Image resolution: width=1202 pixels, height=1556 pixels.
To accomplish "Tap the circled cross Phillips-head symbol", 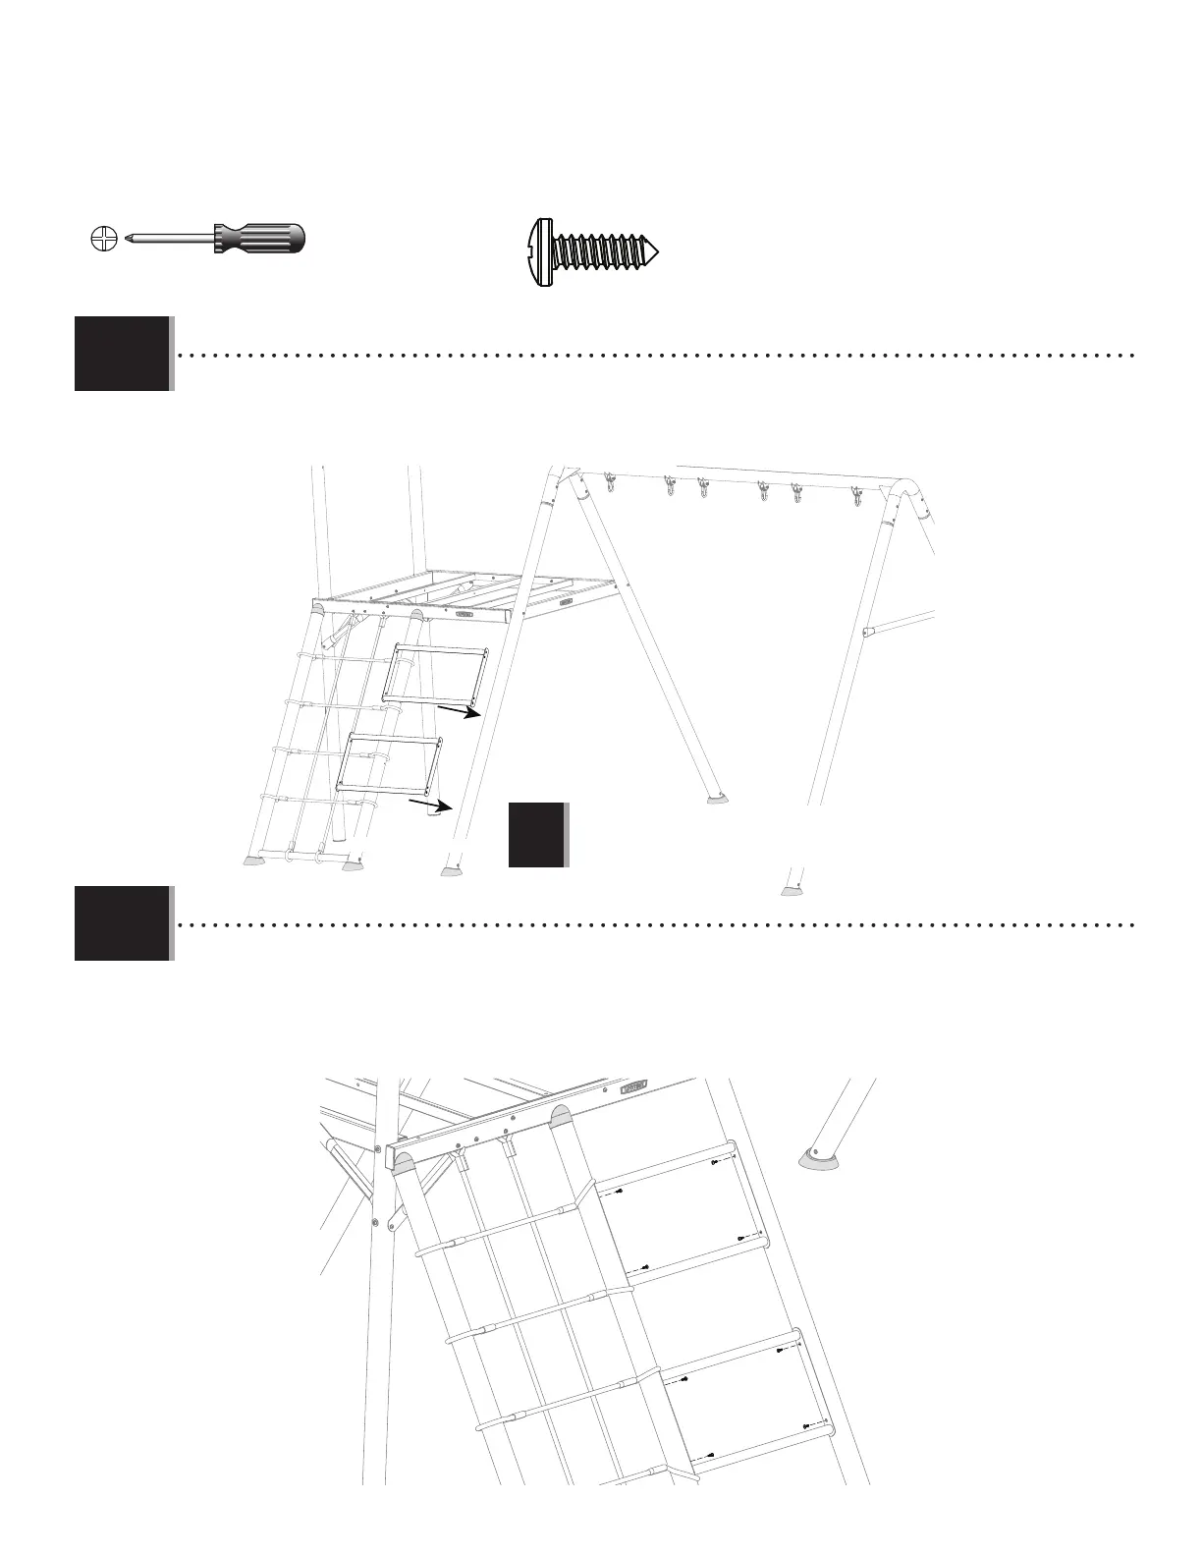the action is (102, 238).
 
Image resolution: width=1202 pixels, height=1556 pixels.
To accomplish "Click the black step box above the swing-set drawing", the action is (122, 354).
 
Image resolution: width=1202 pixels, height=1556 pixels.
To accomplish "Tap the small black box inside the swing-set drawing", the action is (536, 835).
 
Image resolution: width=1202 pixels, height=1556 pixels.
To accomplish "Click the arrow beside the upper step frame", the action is (458, 710).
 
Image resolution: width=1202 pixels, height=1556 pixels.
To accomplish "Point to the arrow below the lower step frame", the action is (430, 806).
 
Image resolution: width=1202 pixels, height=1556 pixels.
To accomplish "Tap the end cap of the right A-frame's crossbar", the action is (867, 633).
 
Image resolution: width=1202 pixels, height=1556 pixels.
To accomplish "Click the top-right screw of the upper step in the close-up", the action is (714, 1162).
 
